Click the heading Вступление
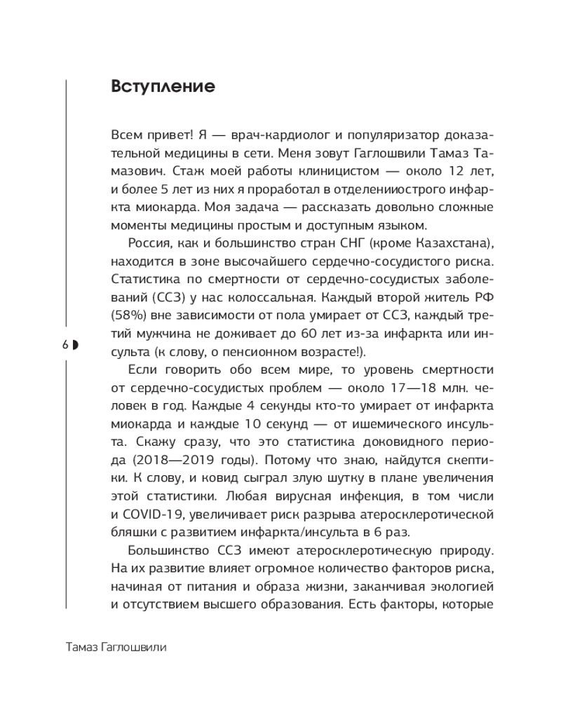click(x=162, y=87)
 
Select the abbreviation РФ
click(x=485, y=300)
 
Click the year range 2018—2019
click(x=166, y=443)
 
